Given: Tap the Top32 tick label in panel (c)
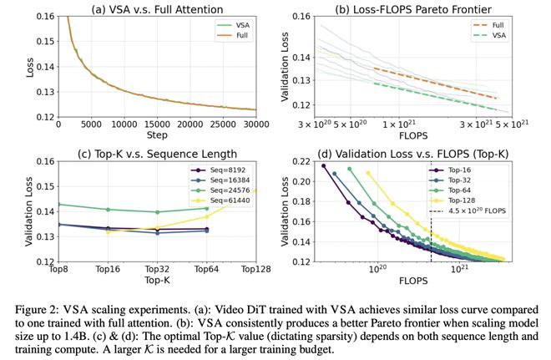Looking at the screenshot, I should [156, 269].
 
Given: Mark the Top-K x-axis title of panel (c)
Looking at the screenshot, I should [156, 280].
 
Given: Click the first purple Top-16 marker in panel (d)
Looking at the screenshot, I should [323, 165].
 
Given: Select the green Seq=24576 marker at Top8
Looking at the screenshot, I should [58, 205].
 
